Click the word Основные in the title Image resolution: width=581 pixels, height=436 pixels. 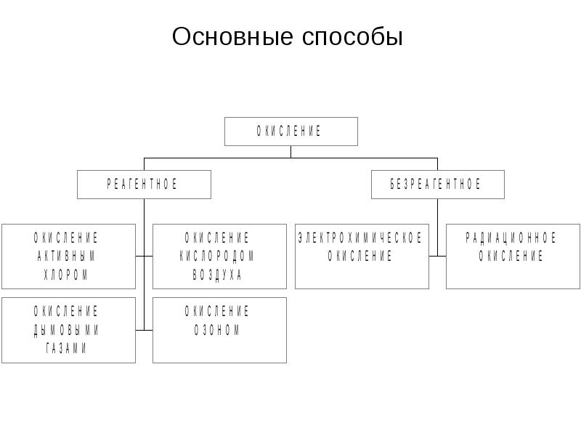coord(232,36)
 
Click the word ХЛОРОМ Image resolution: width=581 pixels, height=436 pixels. coord(66,275)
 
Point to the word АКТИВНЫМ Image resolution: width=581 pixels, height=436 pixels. coord(66,256)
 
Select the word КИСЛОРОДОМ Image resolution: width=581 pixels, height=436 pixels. coord(216,256)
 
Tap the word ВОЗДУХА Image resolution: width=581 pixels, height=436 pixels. coord(217,275)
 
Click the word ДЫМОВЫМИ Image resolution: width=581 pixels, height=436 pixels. coord(66,330)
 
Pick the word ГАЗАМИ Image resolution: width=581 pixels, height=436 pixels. coord(66,348)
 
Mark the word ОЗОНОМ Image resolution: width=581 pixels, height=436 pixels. coord(217,330)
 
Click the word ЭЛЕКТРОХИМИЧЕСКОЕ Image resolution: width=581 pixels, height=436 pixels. coord(360,238)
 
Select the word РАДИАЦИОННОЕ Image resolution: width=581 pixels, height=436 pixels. coord(511,238)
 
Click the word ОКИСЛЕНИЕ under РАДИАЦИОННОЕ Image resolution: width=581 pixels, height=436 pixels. coord(511,256)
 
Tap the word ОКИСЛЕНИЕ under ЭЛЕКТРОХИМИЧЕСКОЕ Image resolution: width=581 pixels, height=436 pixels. coord(359,256)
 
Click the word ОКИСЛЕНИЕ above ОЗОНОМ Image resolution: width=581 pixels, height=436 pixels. coord(216,312)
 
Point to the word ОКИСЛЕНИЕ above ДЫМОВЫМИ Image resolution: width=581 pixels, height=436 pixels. coord(66,312)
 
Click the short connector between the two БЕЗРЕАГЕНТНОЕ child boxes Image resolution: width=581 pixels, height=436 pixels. coord(438,257)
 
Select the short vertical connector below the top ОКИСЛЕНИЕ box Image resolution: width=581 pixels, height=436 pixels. coord(291,152)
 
